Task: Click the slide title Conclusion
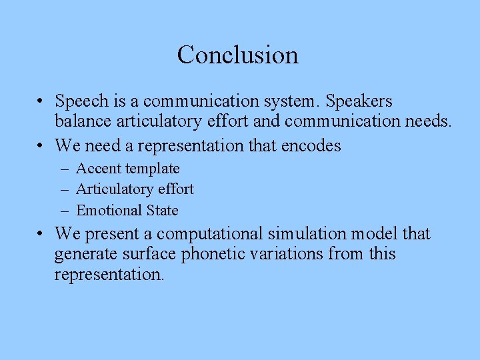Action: coord(238,55)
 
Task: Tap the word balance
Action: coord(82,122)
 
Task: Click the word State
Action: coord(163,211)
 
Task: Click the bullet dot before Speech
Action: coord(41,102)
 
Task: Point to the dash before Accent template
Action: coord(64,169)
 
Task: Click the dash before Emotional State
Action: coord(64,211)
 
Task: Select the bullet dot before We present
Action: coord(41,234)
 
